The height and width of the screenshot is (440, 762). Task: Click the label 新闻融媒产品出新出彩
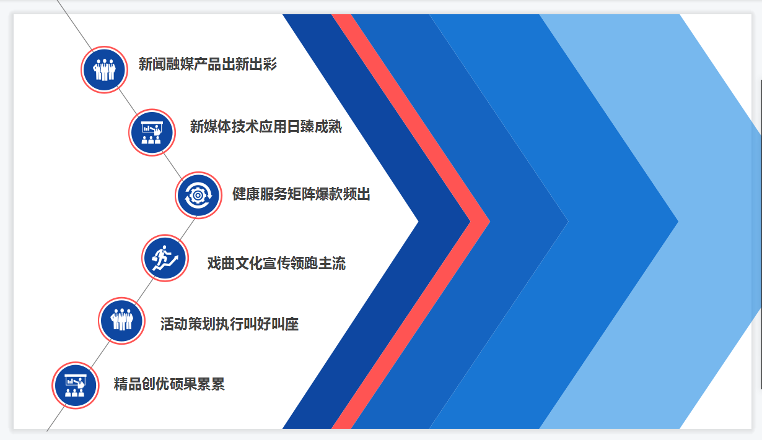coord(208,64)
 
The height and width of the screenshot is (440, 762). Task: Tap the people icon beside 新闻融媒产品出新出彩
coord(105,70)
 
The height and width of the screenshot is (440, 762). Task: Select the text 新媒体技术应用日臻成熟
coord(266,127)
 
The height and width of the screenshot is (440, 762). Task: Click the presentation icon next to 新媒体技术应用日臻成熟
coord(152,132)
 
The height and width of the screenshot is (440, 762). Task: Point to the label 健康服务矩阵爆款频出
coord(301,194)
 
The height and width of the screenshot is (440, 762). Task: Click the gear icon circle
coord(199,196)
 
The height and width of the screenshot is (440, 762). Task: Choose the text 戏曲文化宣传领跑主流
coord(276,264)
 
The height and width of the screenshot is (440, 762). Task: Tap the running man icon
coord(165,258)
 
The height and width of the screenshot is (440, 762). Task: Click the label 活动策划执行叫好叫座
coord(230,324)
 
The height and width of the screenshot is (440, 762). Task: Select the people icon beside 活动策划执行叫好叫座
coord(122,321)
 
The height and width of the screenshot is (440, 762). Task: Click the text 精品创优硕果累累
coord(169,384)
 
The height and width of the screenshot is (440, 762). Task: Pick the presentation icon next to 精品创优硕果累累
coord(76,386)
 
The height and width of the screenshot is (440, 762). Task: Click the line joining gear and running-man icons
coord(187,230)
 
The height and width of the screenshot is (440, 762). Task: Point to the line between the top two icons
coord(128,101)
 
